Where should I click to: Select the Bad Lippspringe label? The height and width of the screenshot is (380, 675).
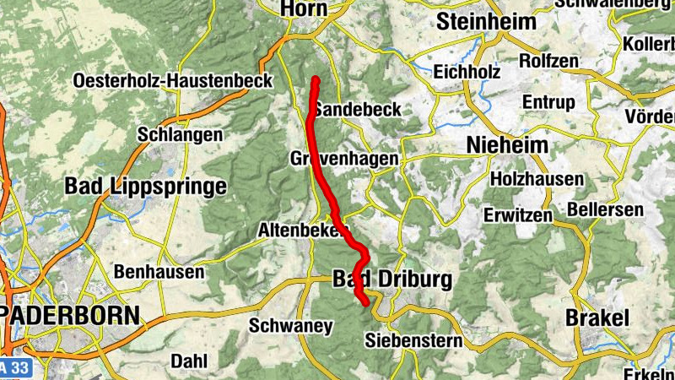146,186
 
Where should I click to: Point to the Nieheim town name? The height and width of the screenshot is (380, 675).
507,145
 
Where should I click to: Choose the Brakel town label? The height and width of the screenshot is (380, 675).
597,318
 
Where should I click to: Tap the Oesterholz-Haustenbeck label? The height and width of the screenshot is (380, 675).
173,81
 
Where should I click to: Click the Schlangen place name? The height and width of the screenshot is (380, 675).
180,134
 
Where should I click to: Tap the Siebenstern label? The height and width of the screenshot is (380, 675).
414,341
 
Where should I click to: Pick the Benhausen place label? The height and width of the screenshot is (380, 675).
159,272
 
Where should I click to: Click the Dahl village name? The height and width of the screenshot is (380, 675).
188,361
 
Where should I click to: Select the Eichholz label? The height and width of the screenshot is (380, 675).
467,72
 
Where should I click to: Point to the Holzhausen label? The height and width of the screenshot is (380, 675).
537,179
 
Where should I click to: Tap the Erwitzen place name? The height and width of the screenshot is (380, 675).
518,215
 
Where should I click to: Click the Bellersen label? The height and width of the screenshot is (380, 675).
606,209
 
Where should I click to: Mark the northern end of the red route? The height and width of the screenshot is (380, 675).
316,79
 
